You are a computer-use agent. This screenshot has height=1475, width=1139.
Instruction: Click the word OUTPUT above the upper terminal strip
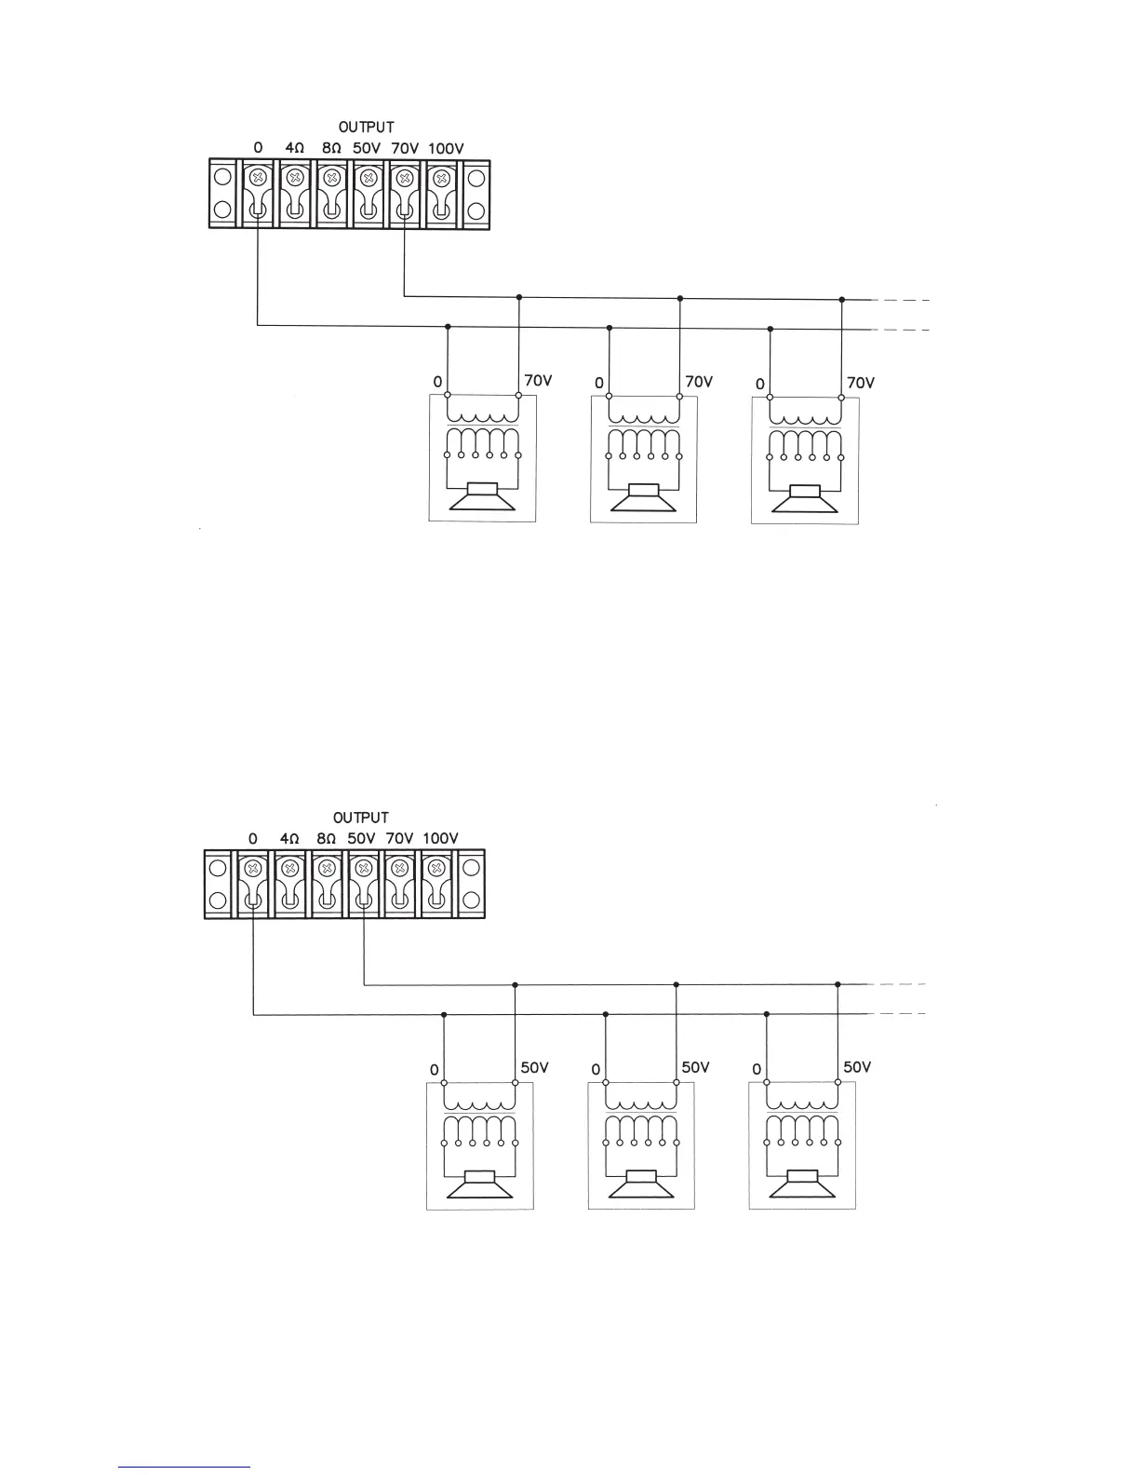(366, 127)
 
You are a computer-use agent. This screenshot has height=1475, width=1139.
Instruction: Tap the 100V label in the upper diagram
(446, 148)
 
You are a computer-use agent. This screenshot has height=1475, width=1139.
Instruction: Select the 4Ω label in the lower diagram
(289, 838)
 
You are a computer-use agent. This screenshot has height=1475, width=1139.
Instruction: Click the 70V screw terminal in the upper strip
(405, 177)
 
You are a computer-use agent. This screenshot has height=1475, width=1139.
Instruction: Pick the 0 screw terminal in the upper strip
(258, 177)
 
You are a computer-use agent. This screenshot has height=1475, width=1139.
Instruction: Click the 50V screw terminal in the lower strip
(361, 868)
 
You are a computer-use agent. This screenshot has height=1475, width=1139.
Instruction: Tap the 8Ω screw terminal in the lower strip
(326, 868)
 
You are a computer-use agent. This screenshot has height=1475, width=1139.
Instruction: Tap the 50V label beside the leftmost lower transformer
(534, 1067)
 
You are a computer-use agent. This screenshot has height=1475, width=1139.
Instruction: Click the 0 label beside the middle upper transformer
(598, 383)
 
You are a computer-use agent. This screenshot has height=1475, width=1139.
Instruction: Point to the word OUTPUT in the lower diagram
(361, 818)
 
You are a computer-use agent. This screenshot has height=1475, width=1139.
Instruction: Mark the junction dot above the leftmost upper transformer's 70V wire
(519, 297)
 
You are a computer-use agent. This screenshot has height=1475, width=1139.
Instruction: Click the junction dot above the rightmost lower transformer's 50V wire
(837, 984)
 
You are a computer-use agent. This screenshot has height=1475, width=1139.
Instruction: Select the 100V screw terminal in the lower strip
(435, 868)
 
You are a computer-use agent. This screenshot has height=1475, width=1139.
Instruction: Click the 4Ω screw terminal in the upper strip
(294, 177)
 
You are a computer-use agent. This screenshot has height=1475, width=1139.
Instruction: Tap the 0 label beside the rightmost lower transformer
(757, 1070)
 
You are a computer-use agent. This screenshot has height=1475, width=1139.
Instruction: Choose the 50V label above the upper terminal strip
(367, 148)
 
